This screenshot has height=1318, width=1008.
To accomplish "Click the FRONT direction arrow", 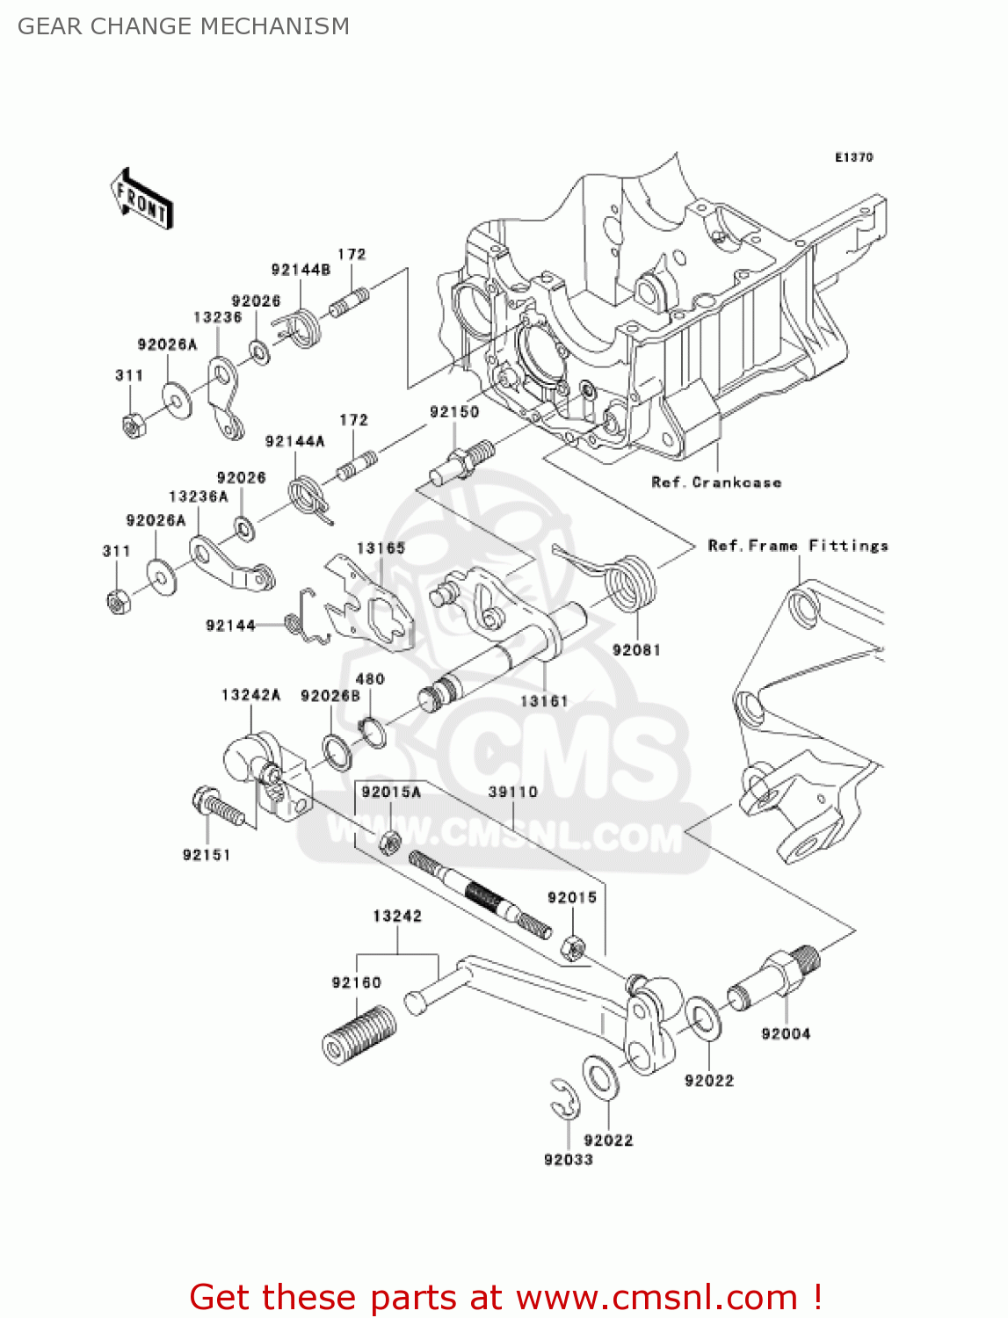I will [x=141, y=199].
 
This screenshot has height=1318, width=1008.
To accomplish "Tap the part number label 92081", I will [x=635, y=650].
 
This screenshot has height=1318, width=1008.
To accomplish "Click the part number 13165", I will [x=381, y=548].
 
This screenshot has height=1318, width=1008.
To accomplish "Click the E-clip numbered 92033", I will [x=565, y=1100].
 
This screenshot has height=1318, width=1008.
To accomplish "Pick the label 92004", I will [x=786, y=1034].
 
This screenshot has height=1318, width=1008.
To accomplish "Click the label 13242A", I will [x=250, y=695].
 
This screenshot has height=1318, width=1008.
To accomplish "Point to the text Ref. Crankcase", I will [x=716, y=482].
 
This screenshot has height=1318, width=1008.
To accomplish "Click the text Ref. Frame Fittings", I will [x=798, y=546].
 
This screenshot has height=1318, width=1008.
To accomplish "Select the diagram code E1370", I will [x=853, y=157].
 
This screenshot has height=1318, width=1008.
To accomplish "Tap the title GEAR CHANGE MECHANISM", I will [x=184, y=26].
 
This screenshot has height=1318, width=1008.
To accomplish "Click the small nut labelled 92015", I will [x=572, y=947].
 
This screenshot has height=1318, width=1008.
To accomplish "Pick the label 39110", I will [x=512, y=792].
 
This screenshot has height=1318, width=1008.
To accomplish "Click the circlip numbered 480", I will [x=373, y=731].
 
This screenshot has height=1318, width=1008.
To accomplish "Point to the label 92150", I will [x=454, y=411].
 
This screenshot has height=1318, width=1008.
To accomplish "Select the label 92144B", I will [x=301, y=270].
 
